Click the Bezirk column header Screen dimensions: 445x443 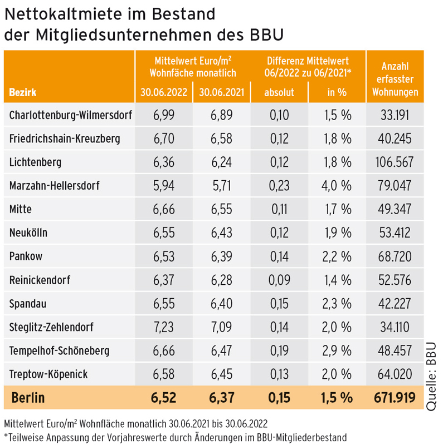23,92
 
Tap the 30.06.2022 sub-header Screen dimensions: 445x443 164,92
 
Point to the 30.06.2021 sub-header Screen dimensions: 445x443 221,92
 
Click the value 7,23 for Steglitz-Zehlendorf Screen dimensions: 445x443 164,327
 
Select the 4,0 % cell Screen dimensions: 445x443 338,186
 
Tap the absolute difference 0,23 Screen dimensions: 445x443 279,186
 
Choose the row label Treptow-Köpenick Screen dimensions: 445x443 48,374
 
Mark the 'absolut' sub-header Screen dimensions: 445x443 279,92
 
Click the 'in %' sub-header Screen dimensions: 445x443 337,92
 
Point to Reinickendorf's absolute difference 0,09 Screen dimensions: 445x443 279,280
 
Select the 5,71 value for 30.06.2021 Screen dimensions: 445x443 221,186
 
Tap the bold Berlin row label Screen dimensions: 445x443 28,398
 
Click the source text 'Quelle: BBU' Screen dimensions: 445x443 432,375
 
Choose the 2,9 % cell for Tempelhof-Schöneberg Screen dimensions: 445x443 338,351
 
